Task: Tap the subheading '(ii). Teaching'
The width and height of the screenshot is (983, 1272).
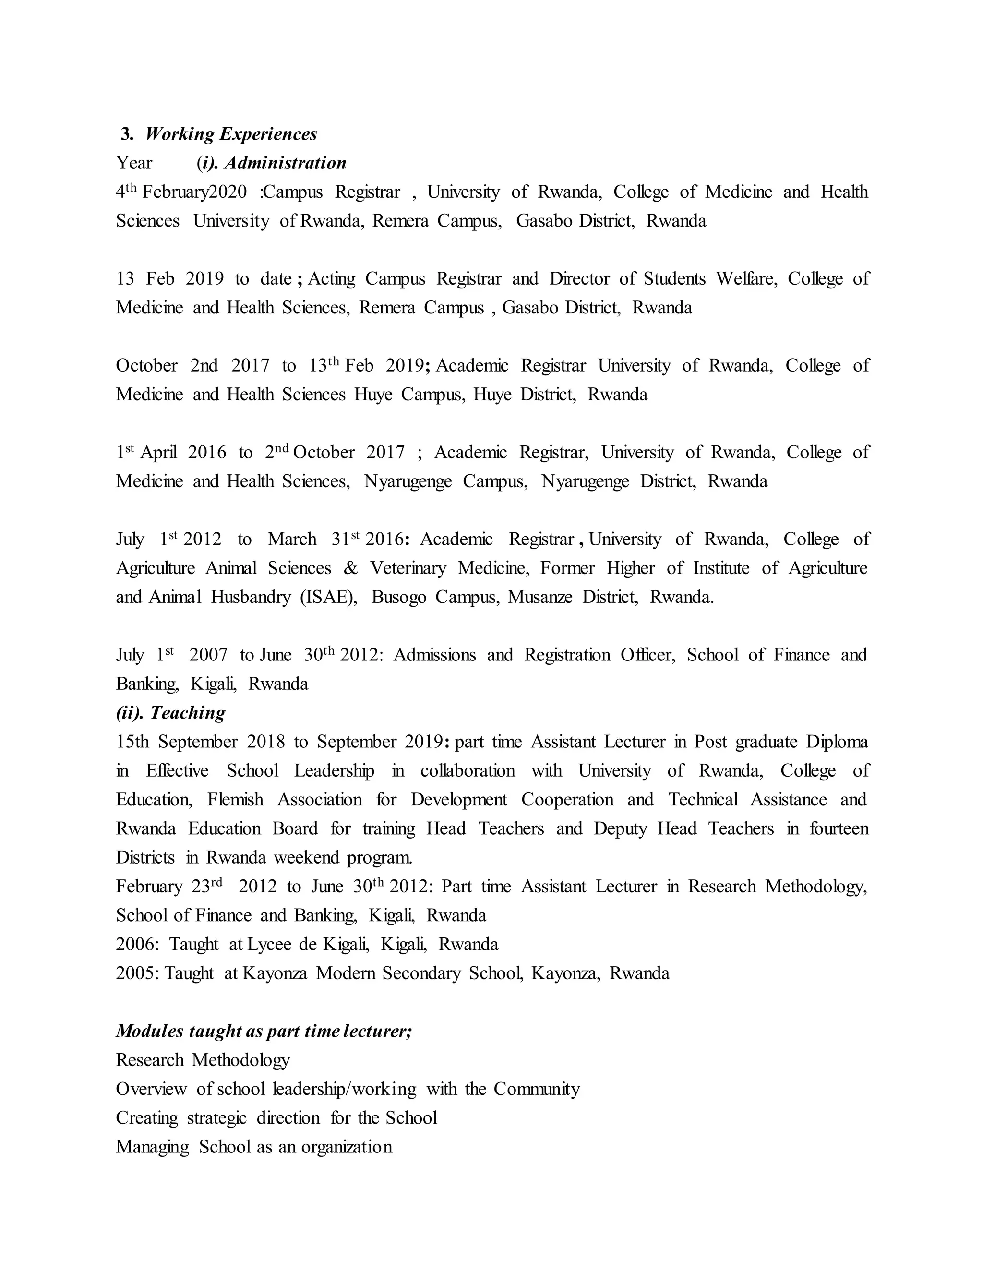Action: coord(170,713)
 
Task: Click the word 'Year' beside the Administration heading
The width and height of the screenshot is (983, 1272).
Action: coord(134,163)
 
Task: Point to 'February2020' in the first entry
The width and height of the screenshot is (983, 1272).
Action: coord(194,192)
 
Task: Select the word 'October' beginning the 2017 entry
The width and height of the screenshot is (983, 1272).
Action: coord(147,366)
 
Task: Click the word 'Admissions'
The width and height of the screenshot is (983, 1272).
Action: coord(434,655)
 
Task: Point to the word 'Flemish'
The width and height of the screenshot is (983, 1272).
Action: coord(235,800)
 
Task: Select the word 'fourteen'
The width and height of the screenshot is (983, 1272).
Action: coord(839,829)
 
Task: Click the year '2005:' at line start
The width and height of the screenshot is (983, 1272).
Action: coord(137,974)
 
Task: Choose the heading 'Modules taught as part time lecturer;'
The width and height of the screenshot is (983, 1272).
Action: coord(264,1032)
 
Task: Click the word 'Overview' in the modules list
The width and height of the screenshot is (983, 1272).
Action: coord(151,1089)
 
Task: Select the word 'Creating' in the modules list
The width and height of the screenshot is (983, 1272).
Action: coord(147,1118)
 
